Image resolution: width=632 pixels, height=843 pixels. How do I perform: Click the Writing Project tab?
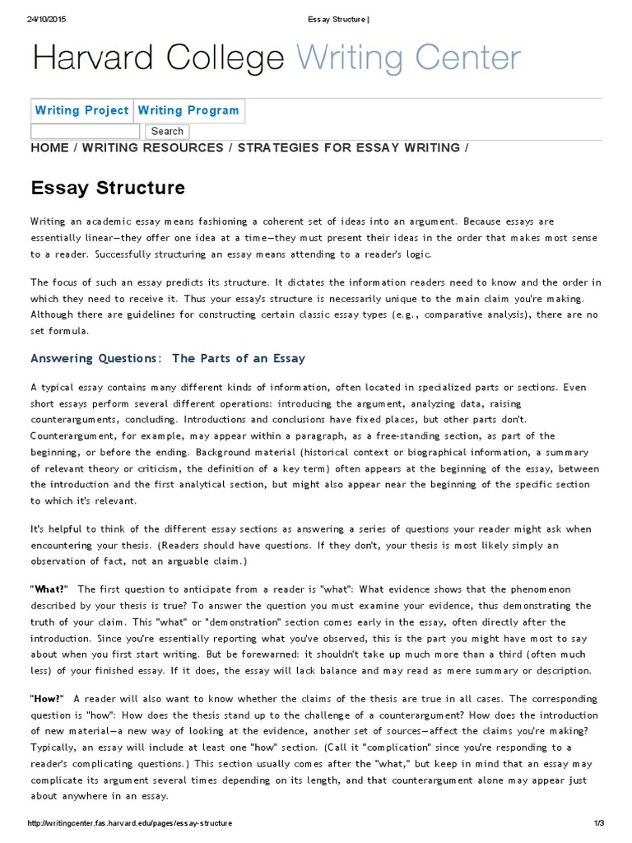81,110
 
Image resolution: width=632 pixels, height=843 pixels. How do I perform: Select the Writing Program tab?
188,110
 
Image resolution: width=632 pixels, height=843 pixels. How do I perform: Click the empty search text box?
86,131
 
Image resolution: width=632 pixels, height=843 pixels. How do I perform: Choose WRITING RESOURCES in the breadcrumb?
153,148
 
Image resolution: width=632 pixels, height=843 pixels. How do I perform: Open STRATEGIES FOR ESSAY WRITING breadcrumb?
349,148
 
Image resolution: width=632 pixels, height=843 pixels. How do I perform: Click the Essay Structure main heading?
108,188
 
